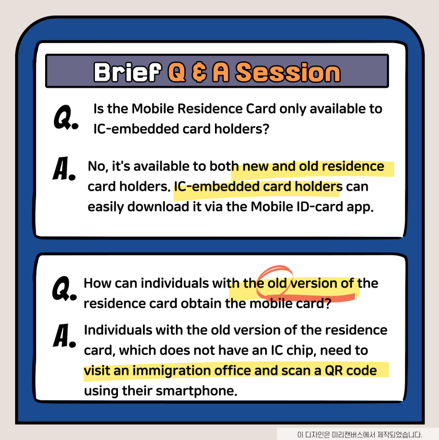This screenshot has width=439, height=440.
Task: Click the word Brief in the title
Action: [128, 72]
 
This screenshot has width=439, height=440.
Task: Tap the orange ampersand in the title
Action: [199, 72]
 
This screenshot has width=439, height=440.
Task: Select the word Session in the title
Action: [288, 72]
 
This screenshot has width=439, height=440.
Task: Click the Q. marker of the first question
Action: [66, 117]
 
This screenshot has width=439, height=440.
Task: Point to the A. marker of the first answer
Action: [64, 168]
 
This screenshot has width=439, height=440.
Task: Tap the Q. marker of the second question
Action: [64, 288]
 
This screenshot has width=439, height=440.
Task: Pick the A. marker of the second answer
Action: [64, 336]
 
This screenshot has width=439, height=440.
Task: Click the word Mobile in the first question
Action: [153, 109]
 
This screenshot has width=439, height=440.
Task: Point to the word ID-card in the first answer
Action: [320, 207]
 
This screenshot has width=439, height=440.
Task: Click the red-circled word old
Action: [276, 283]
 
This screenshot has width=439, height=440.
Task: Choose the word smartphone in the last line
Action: [196, 391]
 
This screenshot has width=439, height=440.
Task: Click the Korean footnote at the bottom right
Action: [360, 435]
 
